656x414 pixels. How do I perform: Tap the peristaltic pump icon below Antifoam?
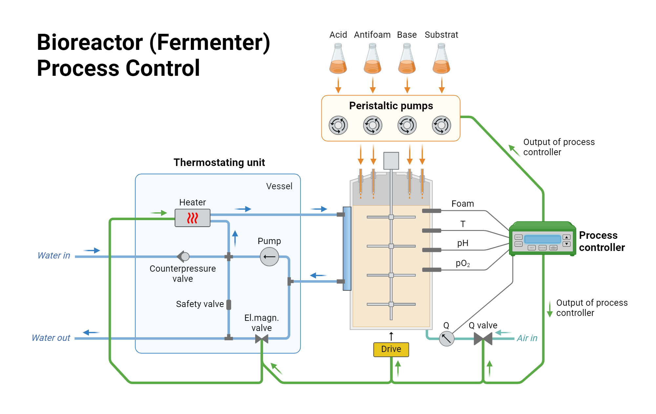pos(373,125)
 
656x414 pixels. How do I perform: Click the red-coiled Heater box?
pos(193,218)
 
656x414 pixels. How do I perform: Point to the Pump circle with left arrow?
pos(269,257)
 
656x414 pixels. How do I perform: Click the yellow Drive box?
pos(391,349)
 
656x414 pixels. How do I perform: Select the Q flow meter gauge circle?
pos(446,339)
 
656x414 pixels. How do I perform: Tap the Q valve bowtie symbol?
pos(483,339)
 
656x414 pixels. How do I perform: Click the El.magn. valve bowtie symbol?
pos(262,339)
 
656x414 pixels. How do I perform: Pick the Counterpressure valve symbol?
pos(183,256)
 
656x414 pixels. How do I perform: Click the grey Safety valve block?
pos(229,305)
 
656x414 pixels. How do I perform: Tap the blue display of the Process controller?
pos(543,239)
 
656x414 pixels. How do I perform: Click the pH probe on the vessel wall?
pos(431,250)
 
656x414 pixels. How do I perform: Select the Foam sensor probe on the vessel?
pos(431,211)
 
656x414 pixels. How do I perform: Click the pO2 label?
pos(462,263)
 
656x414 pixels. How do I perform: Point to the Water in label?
pos(54,256)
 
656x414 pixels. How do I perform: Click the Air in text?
pos(527,338)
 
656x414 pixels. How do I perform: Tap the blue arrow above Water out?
pos(91,332)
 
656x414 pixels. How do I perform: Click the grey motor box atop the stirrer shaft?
pos(391,161)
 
